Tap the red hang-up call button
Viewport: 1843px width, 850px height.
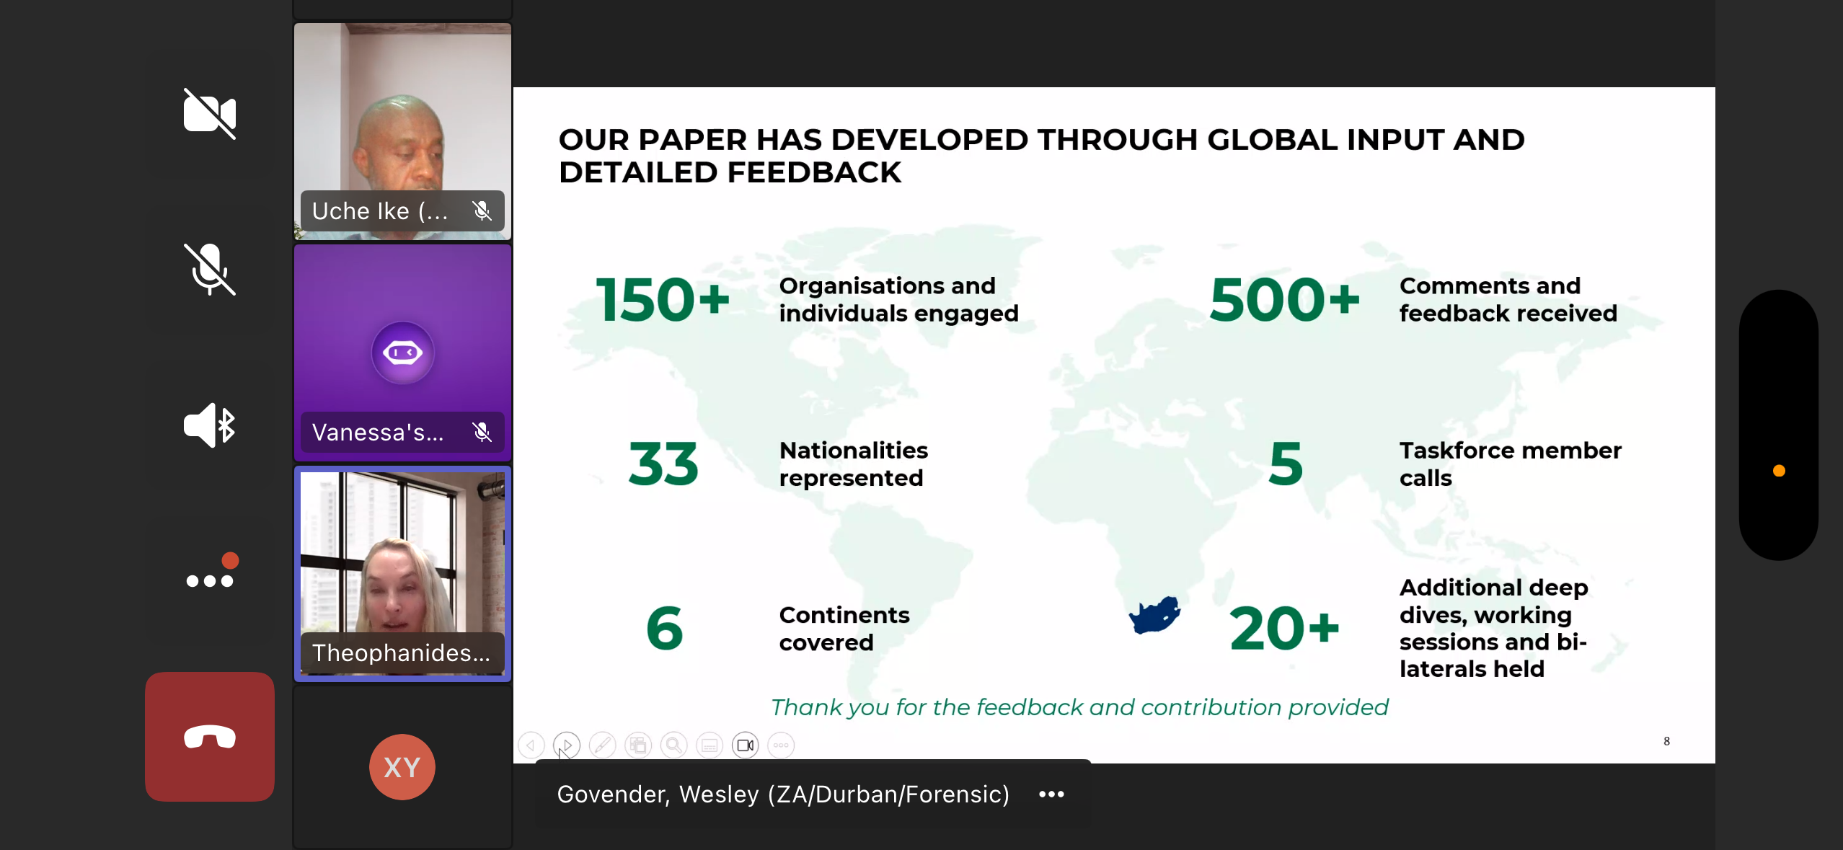pos(210,736)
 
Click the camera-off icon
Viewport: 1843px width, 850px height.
pos(210,114)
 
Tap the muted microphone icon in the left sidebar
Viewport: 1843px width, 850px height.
pos(210,269)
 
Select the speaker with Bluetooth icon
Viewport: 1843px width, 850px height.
pos(210,425)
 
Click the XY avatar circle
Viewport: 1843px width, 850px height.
pos(402,767)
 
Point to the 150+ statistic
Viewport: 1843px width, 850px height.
pos(663,299)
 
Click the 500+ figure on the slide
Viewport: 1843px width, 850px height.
pos(1285,299)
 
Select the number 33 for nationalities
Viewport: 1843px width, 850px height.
pos(663,464)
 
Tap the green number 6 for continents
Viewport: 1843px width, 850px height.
pos(664,628)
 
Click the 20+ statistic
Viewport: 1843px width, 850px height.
pos(1284,628)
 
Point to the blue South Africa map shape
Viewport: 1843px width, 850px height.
pos(1154,615)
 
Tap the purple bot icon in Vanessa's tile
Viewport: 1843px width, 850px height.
pos(402,353)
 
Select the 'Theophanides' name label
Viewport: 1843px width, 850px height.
pos(401,653)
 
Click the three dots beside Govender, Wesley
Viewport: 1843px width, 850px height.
pos(1051,794)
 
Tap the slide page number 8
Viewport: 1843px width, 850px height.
pos(1666,741)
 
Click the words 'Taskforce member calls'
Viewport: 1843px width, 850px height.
pos(1510,464)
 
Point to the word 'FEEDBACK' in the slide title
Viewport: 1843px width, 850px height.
pos(814,172)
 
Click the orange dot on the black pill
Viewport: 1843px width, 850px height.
pos(1779,471)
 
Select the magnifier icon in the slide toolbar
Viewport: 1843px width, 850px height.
pos(673,745)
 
